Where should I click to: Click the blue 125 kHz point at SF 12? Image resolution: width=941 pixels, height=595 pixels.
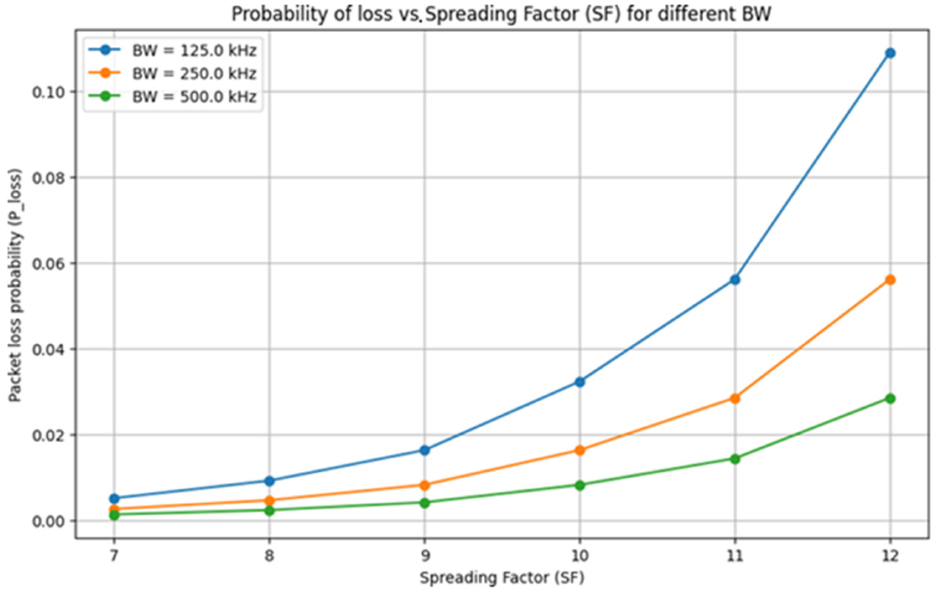pos(890,53)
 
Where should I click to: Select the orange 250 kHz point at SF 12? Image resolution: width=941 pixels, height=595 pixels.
pos(890,280)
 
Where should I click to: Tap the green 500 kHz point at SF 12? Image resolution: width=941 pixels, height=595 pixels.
pos(890,399)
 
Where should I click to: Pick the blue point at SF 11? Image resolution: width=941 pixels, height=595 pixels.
pos(735,280)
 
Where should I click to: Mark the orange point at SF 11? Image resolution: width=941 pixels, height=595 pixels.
pos(735,399)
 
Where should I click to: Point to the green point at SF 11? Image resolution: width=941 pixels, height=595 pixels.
pos(735,459)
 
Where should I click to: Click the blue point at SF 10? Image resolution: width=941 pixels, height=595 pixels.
pos(580,382)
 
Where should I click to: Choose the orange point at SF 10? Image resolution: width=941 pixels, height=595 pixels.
pos(580,450)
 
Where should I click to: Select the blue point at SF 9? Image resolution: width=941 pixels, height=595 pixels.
pos(424,450)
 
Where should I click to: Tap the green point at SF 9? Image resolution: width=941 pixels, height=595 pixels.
pos(424,503)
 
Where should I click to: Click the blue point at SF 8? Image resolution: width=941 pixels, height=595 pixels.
pos(269,480)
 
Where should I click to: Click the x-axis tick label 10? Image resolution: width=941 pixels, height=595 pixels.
pos(580,556)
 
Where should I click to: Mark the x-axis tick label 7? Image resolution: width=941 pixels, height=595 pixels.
pos(114,556)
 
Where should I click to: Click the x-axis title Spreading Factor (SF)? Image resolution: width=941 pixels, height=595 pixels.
pos(502,578)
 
